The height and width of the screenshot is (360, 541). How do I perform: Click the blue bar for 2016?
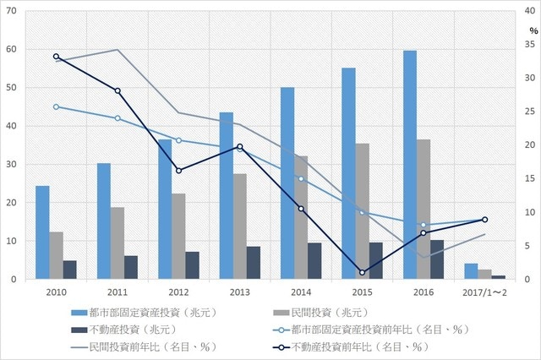click(x=409, y=165)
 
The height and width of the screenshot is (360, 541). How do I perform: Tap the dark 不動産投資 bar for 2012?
click(x=193, y=265)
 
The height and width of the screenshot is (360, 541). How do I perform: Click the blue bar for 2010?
click(x=42, y=232)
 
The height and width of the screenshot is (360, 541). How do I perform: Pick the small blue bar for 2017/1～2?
click(x=471, y=271)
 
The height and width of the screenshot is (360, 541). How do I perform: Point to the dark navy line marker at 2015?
click(x=362, y=272)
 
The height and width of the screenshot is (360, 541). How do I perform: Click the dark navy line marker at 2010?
click(x=56, y=57)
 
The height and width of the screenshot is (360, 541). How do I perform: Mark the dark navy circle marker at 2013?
click(x=240, y=147)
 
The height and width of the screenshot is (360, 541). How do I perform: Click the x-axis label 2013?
click(x=239, y=292)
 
